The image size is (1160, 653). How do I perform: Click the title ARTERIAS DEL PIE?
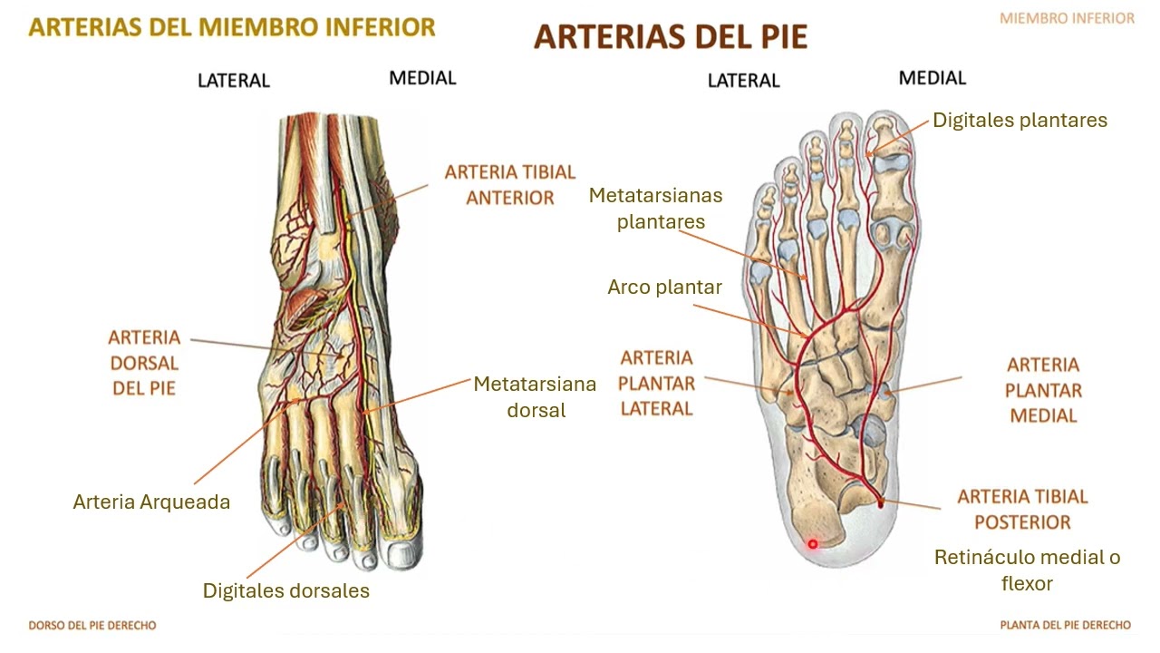[671, 37]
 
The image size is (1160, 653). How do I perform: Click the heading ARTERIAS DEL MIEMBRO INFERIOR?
[232, 27]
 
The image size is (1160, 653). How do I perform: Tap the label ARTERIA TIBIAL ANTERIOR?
[510, 184]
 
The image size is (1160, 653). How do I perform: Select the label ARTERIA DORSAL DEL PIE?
[144, 363]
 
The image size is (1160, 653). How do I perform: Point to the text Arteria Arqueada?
[151, 502]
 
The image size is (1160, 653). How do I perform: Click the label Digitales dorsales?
[285, 590]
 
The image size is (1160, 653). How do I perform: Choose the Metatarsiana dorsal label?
[535, 397]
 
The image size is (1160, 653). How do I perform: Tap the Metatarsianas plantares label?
[655, 209]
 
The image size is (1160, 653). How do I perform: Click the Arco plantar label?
[664, 287]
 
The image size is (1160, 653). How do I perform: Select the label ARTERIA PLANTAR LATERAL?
[657, 383]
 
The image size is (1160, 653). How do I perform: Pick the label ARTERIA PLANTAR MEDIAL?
[1043, 390]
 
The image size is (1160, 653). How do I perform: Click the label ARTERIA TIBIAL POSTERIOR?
[1023, 509]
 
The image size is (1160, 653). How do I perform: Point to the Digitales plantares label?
[1020, 121]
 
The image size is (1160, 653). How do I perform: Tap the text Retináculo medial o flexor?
[1028, 570]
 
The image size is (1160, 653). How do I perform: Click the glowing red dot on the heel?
[813, 543]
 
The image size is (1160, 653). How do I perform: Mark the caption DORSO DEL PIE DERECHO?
[92, 625]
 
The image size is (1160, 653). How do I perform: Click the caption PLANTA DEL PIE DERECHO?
[1065, 625]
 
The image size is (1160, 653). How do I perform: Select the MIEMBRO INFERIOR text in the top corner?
[1067, 19]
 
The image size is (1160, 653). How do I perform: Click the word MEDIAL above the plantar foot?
[933, 78]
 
